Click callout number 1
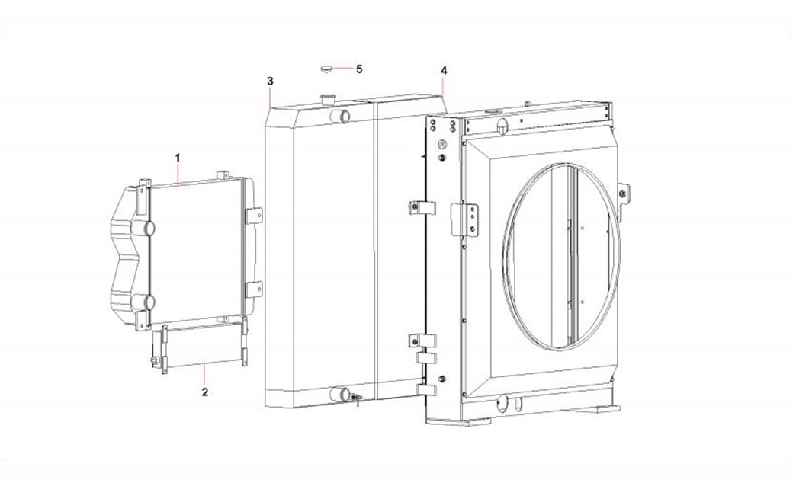178,158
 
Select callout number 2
204,392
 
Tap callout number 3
270,81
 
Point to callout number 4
445,71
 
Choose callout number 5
359,69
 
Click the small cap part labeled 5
326,68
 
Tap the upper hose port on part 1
143,227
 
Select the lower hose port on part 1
143,302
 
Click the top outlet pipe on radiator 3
339,116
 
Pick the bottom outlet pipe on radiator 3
339,394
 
